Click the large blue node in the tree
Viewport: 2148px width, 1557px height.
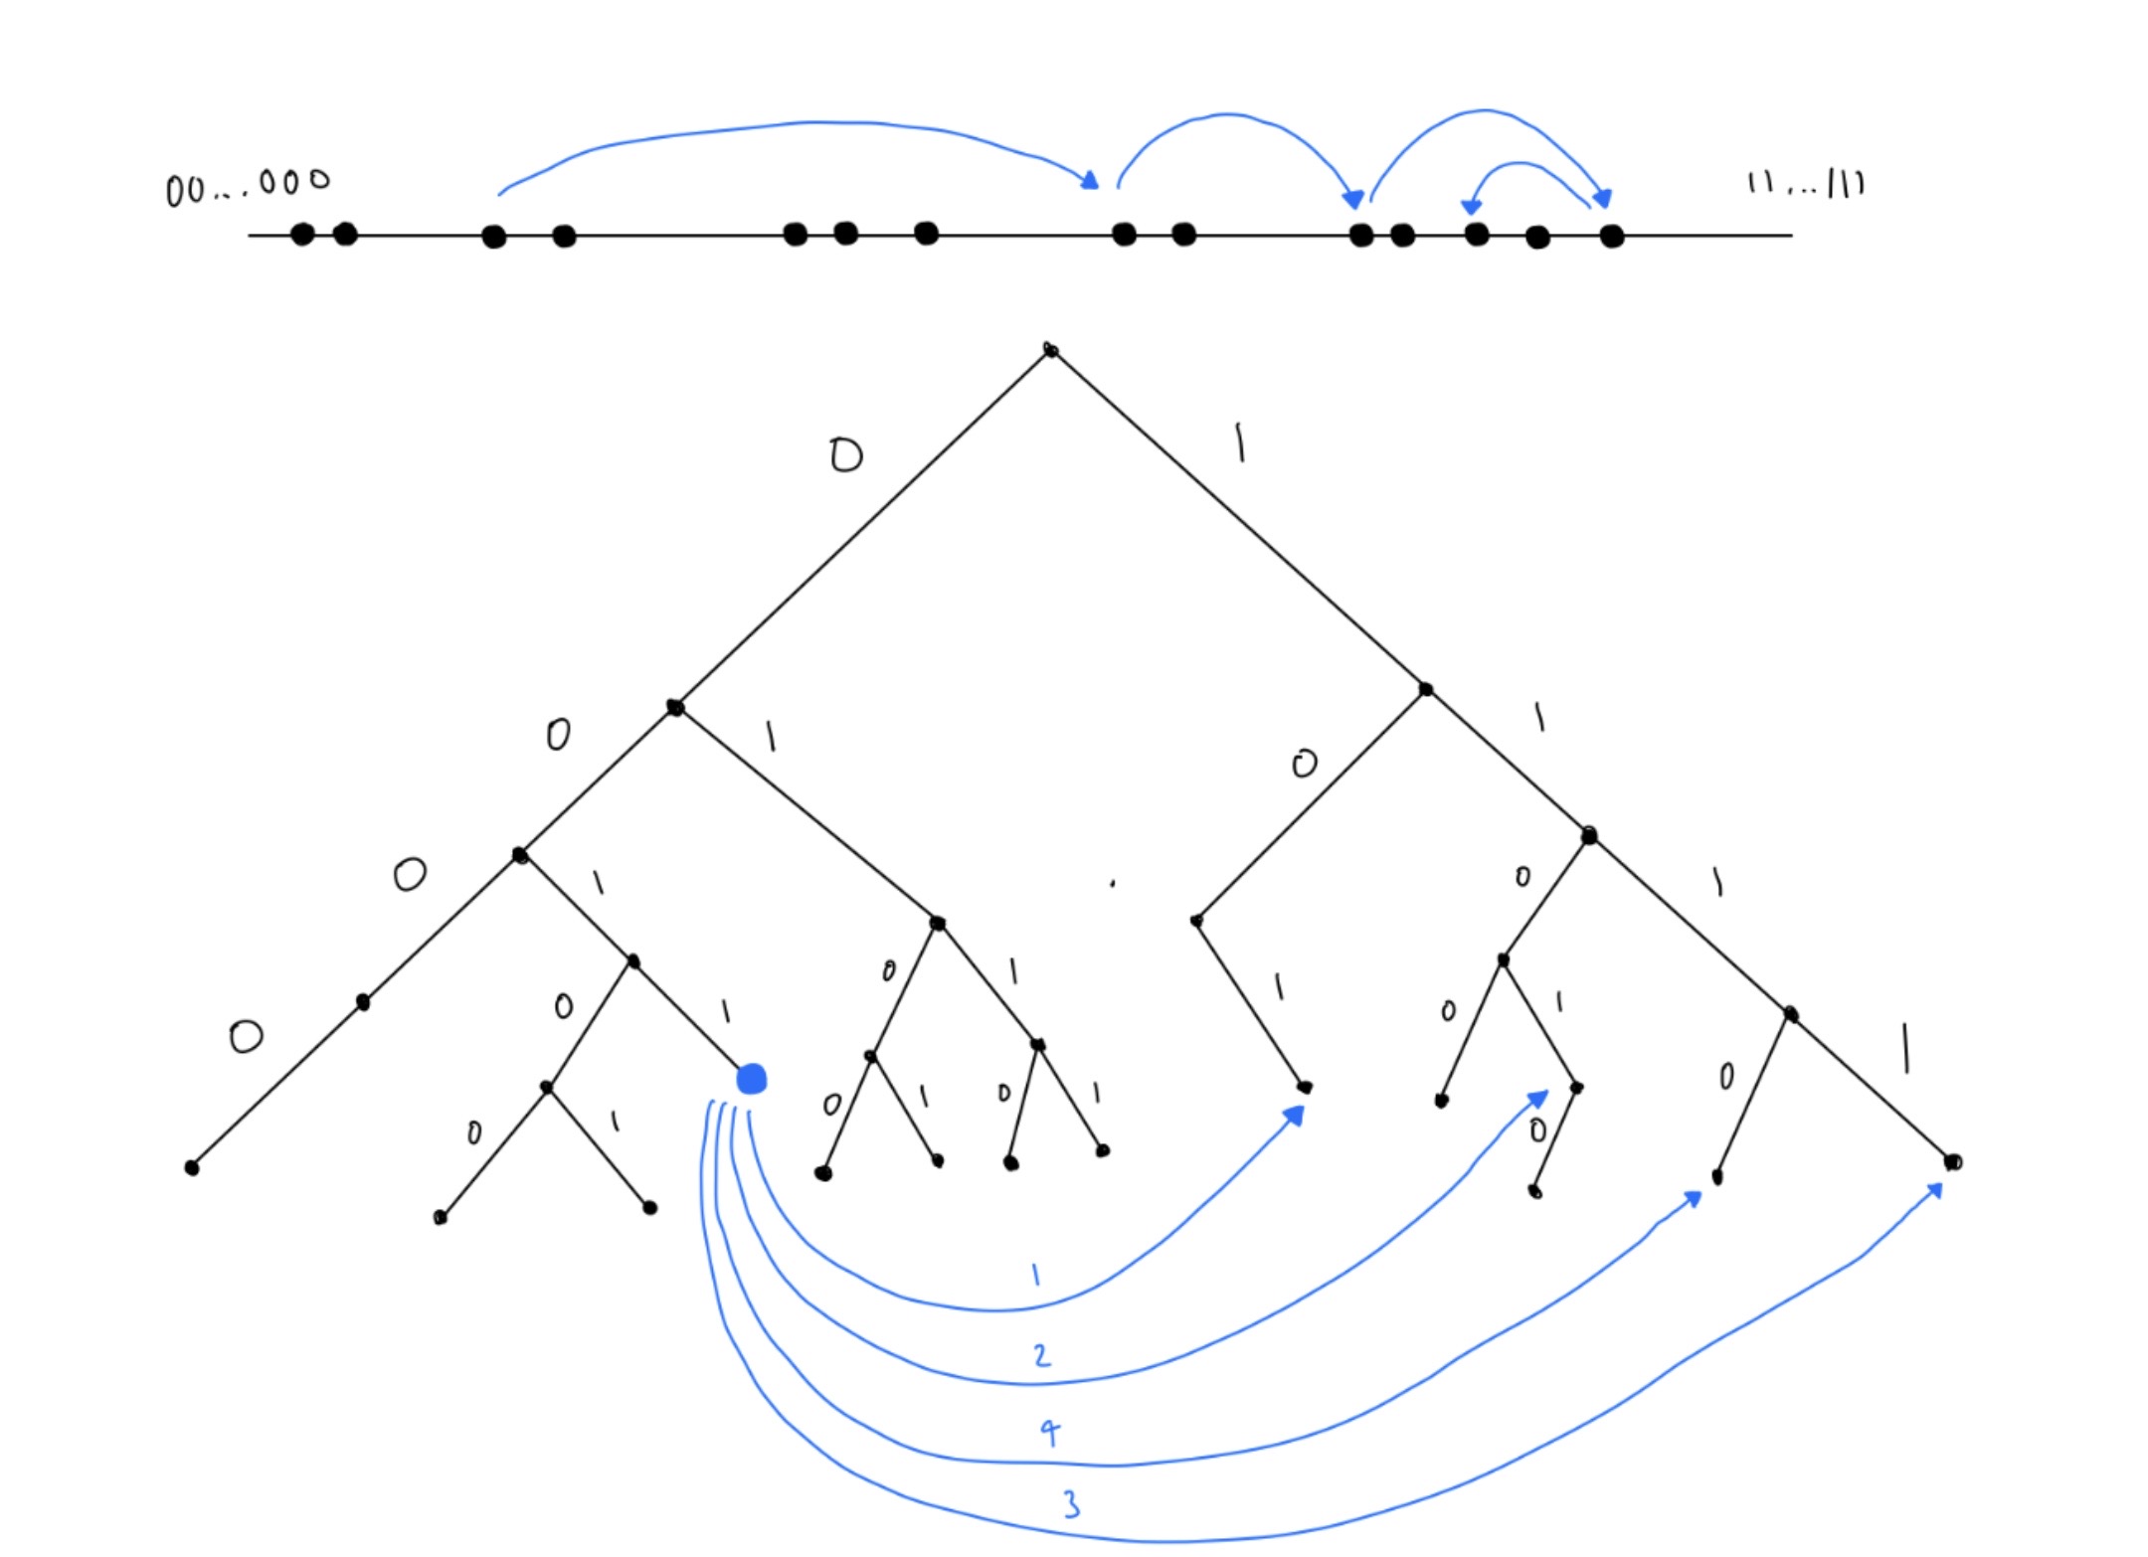point(751,1079)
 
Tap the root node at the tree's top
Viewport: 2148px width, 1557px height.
point(1050,350)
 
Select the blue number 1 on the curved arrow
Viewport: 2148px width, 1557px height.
point(1035,1275)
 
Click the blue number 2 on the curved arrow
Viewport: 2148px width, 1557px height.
point(1041,1355)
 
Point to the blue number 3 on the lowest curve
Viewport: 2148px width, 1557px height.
point(1071,1504)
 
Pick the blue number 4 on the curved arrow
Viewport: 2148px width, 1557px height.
point(1050,1432)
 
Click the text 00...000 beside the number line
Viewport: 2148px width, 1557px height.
point(248,186)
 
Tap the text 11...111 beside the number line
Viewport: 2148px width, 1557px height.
point(1806,184)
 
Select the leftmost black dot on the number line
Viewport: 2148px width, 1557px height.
point(302,235)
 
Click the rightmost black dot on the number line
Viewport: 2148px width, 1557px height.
point(1612,237)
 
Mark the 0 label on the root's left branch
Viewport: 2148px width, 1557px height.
point(845,456)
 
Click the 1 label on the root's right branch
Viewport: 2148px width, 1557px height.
point(1239,442)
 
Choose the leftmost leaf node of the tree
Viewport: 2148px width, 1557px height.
point(192,1167)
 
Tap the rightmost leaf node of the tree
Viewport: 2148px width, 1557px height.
point(1952,1161)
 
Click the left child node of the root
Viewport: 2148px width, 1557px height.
point(675,708)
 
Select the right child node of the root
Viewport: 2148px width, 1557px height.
point(1425,689)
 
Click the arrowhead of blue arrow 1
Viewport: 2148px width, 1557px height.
point(1295,1116)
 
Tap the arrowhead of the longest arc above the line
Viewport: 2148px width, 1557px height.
point(1091,181)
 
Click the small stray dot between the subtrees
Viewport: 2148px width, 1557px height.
point(1112,883)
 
